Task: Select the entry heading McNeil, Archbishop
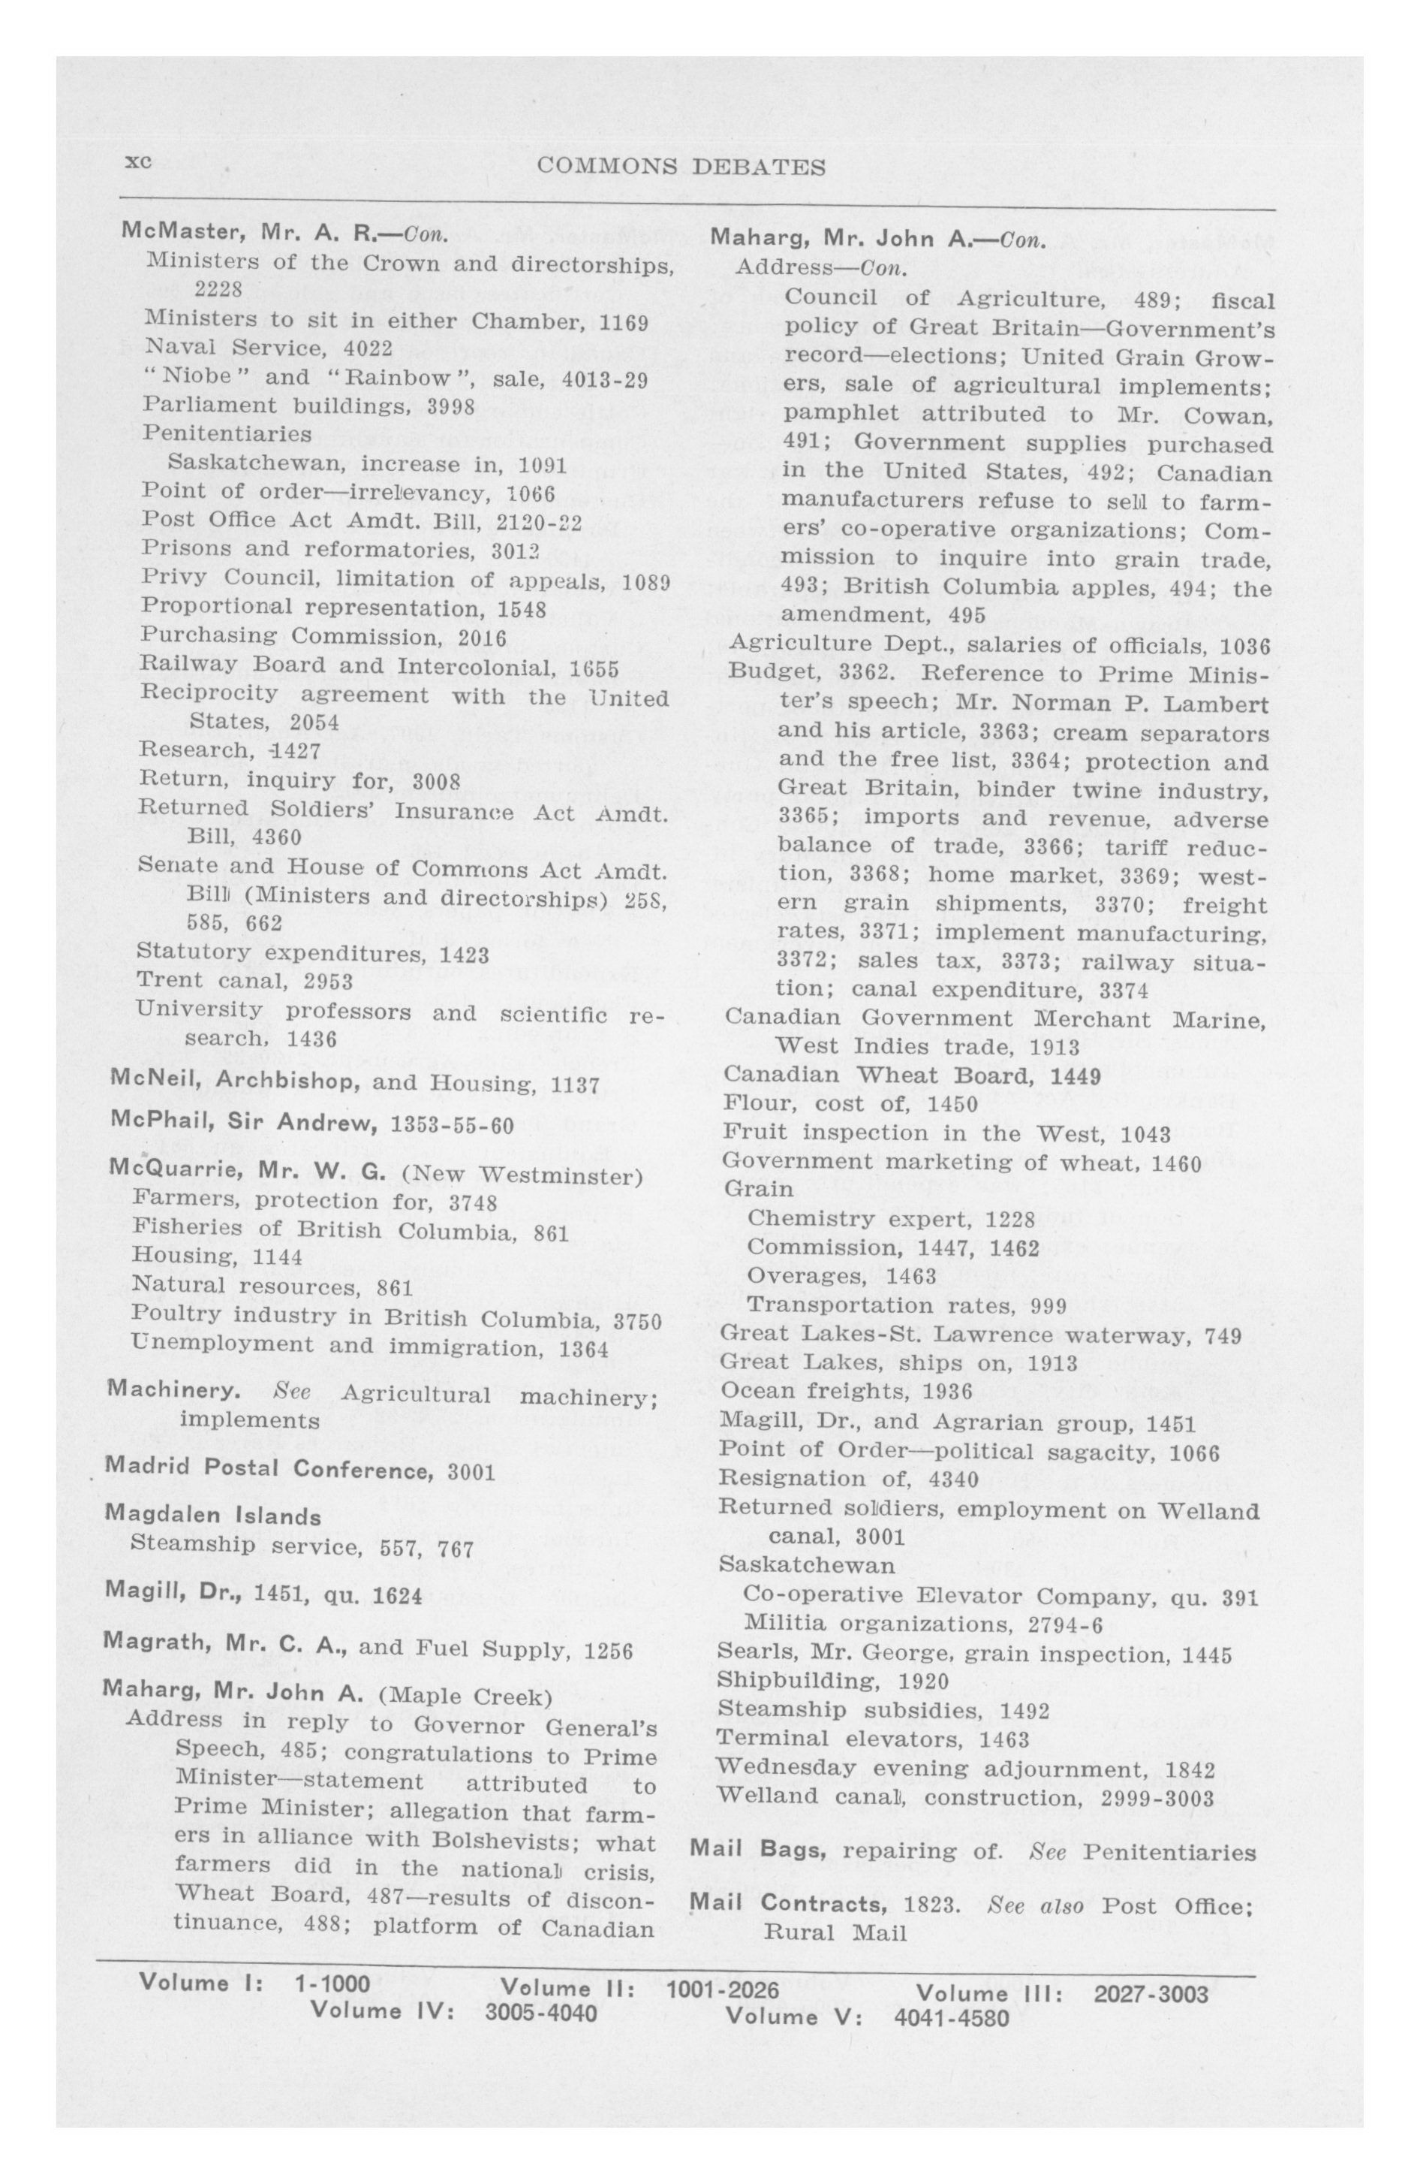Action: (234, 1081)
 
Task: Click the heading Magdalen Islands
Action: (214, 1514)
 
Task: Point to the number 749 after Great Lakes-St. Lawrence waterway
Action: (1223, 1335)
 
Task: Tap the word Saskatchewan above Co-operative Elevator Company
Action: (793, 1564)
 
